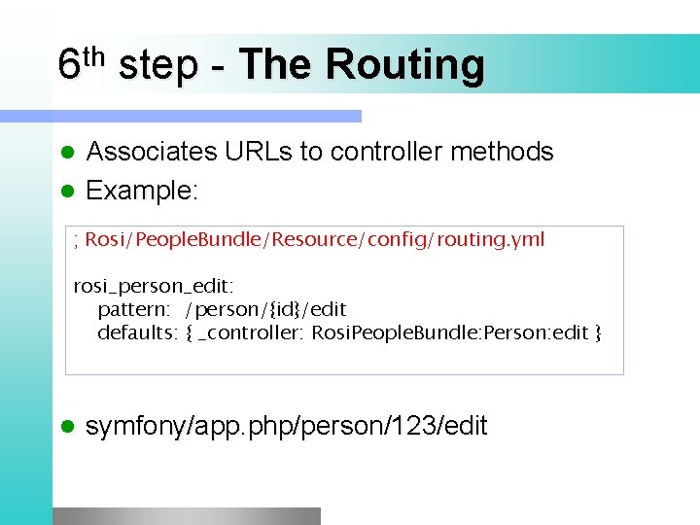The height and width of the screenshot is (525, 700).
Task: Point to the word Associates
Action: point(151,152)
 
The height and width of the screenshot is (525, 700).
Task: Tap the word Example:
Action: point(142,191)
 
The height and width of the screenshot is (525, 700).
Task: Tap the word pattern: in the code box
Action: point(134,309)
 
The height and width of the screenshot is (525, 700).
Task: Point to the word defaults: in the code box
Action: point(137,333)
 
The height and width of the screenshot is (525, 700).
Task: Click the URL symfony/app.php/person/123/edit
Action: point(287,426)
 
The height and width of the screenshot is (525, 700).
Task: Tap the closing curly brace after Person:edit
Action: point(598,333)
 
